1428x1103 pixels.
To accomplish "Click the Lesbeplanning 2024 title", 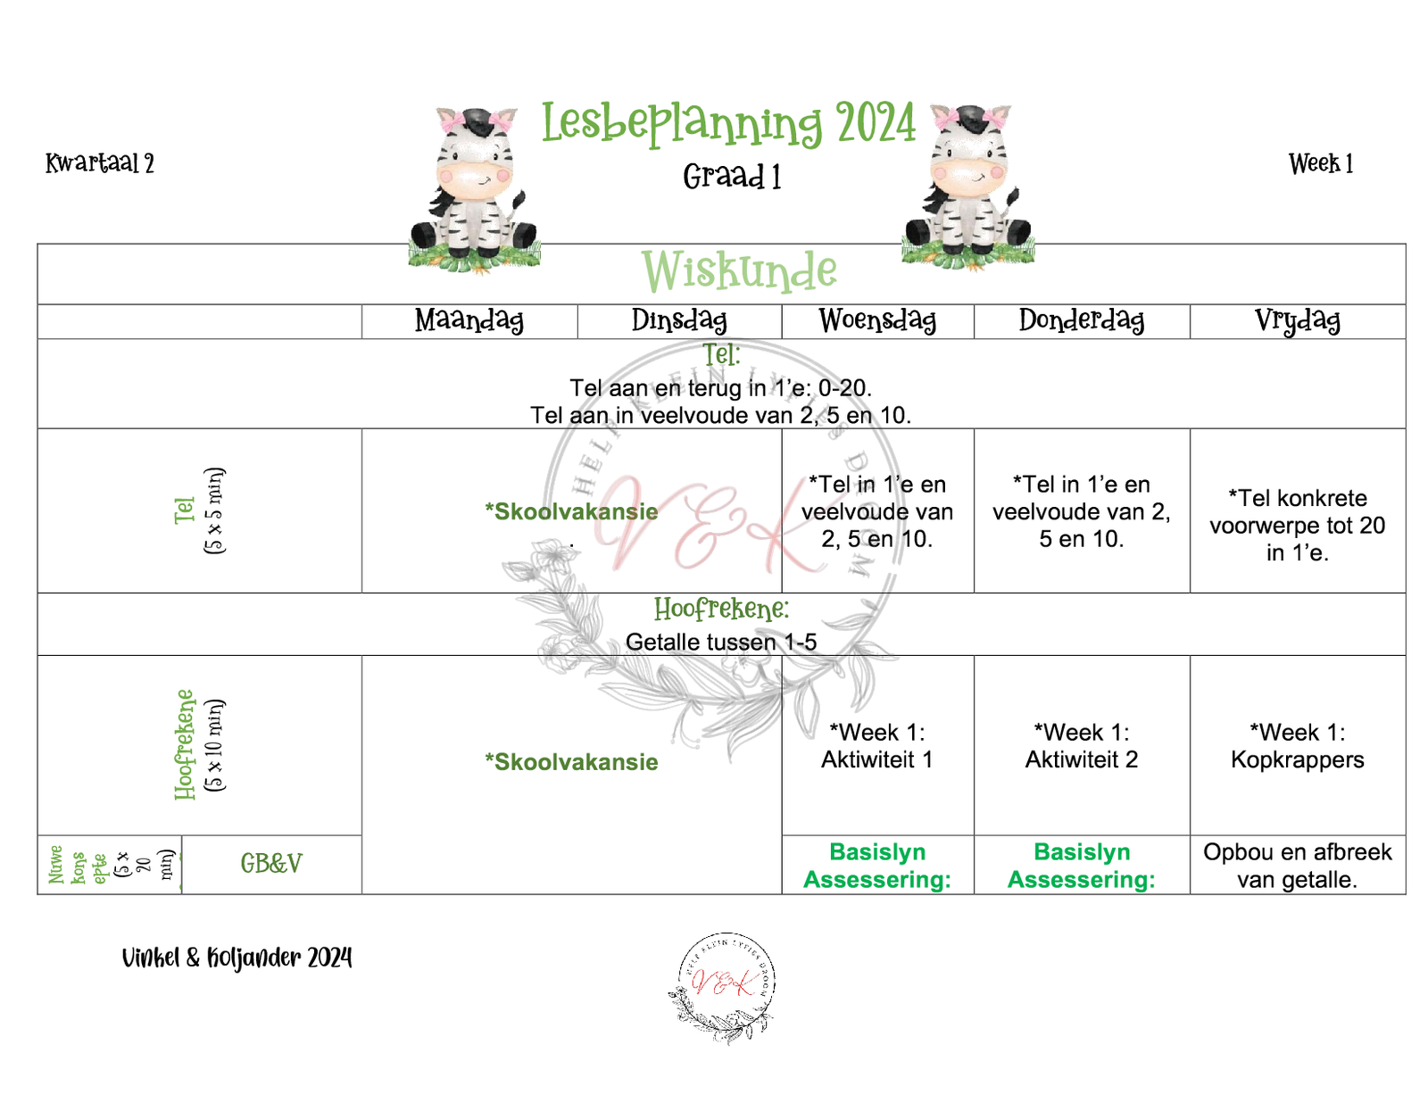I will point(728,123).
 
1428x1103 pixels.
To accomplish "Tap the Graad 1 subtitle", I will point(732,177).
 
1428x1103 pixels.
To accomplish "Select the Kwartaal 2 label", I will point(100,163).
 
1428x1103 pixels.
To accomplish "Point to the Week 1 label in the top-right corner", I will point(1321,164).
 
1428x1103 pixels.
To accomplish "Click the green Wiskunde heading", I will point(739,271).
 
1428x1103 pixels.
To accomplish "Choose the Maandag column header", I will point(469,320).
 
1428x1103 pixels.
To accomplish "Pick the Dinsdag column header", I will point(679,320).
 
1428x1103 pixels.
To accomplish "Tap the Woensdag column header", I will point(877,320).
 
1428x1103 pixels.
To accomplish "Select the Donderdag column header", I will point(1082,320).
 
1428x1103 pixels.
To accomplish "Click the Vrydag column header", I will point(1297,320).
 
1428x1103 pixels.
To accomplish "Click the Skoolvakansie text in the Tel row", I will point(571,511).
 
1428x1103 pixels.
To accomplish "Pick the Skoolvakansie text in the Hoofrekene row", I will point(571,762).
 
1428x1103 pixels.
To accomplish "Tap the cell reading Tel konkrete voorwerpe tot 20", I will point(1297,525).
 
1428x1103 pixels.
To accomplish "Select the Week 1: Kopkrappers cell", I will point(1297,746).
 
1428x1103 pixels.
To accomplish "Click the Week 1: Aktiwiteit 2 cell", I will point(1082,746).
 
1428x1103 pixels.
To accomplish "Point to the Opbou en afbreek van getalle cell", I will point(1297,866).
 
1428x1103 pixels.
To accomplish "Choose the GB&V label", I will point(271,864).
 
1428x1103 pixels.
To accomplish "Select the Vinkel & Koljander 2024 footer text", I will point(237,958).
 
